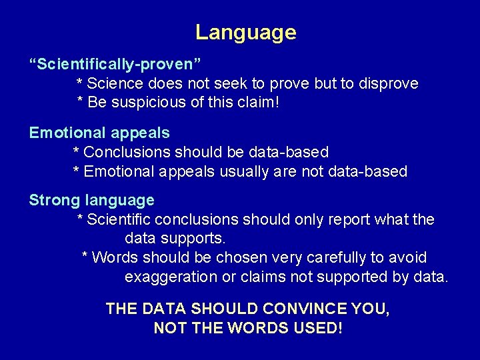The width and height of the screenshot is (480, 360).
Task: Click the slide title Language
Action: (245, 32)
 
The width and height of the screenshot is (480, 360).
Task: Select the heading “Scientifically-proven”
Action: (115, 65)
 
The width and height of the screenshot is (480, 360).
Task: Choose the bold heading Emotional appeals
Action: (99, 133)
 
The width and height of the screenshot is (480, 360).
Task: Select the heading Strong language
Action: (91, 200)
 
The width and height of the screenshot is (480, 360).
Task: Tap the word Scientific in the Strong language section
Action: (120, 219)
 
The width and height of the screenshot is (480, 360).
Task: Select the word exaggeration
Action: (171, 277)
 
